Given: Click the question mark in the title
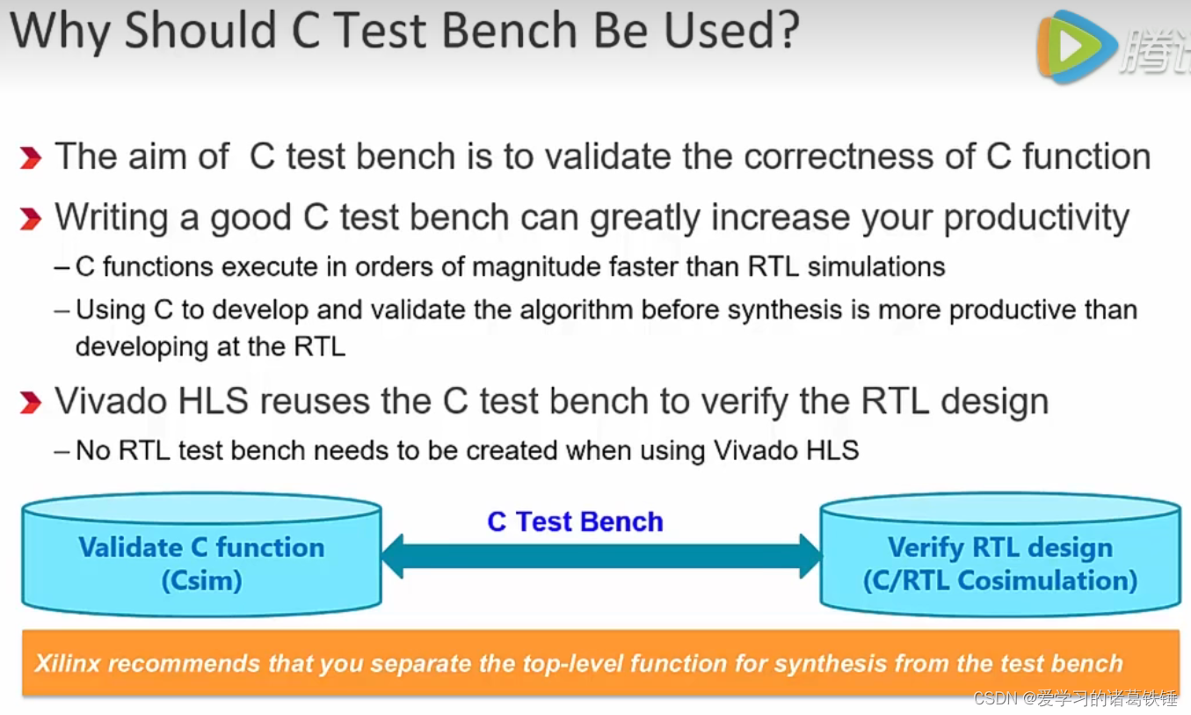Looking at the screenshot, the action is (782, 30).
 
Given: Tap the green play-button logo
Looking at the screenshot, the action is (1076, 47).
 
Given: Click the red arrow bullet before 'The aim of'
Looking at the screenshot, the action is (31, 157).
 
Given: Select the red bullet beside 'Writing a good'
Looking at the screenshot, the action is (31, 219).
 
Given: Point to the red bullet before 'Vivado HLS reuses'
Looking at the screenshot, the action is (31, 402).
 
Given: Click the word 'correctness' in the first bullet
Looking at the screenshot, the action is (839, 157).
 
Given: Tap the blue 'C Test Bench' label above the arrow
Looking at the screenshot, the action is (576, 522).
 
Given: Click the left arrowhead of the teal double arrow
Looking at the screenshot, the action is (392, 557).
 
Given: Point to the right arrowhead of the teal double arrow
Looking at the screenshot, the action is (810, 557).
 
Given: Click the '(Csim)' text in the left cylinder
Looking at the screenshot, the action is (201, 581).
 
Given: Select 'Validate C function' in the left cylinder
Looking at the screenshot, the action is (201, 547).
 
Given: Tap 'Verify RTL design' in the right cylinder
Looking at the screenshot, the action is (1000, 548).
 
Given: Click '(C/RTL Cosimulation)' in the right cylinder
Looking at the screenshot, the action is (1000, 581).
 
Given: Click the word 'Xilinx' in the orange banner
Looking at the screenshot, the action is (68, 664).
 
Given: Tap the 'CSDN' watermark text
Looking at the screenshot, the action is (995, 698).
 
